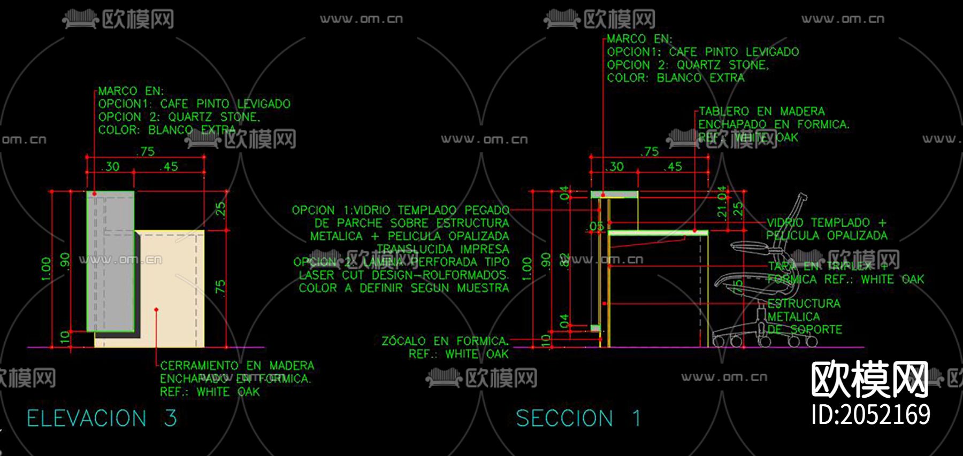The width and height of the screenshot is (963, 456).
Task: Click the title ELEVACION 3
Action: (102, 418)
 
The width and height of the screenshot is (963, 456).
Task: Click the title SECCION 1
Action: (578, 418)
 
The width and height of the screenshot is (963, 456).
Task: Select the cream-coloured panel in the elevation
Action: (171, 289)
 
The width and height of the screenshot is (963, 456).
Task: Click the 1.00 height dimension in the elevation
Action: (46, 268)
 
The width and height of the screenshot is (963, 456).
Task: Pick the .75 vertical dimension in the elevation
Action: (220, 287)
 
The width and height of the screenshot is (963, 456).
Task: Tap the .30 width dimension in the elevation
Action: (111, 167)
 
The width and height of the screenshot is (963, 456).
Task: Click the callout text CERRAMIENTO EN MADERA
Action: (237, 366)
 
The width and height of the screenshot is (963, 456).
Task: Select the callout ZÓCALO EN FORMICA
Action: (445, 341)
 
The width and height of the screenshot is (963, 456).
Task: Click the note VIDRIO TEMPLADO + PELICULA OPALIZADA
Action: (827, 229)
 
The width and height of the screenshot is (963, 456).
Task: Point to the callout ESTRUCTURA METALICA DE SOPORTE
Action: (804, 316)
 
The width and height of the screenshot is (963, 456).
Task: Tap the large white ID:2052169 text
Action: (870, 415)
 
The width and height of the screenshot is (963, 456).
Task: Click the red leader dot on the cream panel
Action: (156, 310)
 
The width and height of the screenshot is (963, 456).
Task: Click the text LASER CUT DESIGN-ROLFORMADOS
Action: (403, 275)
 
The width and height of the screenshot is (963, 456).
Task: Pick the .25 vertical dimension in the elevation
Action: (220, 209)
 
